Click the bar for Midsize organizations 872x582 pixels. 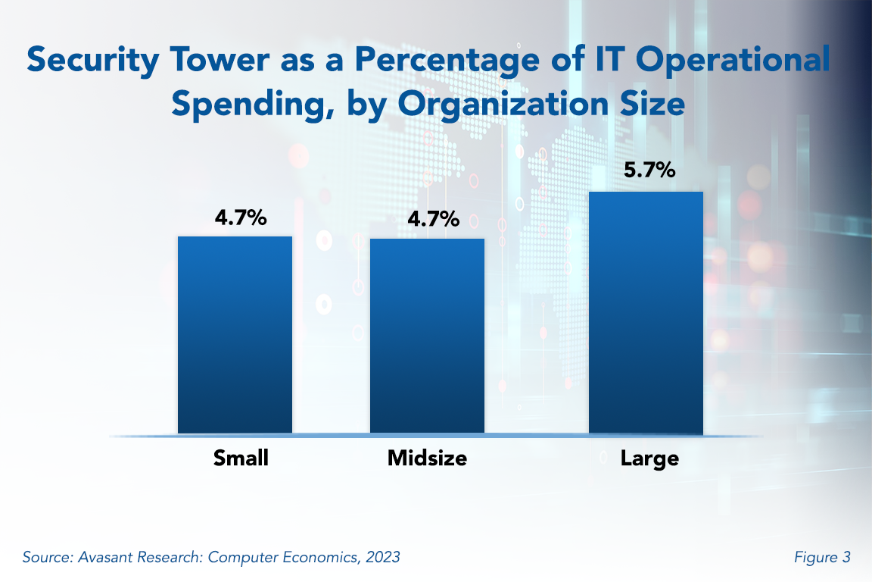click(427, 336)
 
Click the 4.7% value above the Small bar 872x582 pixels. click(241, 218)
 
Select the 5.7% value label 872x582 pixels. click(649, 171)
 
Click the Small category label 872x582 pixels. click(241, 458)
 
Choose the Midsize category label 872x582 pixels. click(427, 458)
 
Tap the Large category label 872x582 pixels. click(649, 458)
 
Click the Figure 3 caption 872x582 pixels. click(822, 557)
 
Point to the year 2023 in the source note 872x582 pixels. click(382, 557)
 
